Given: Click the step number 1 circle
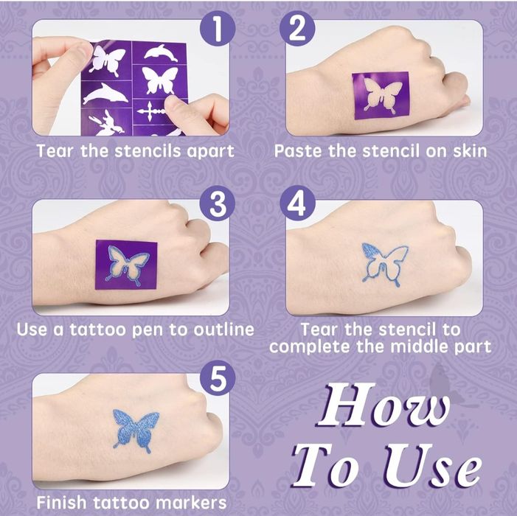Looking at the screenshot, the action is tap(218, 28).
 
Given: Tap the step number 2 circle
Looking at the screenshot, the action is tap(297, 28).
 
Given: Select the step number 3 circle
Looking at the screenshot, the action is tap(218, 204).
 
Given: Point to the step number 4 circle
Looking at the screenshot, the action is tap(297, 204).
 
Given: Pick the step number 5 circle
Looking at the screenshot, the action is tap(218, 378).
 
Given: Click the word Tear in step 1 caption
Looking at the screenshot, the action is tap(55, 151).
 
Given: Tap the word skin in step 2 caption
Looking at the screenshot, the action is tap(470, 151).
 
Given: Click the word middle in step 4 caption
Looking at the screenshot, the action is tap(418, 346).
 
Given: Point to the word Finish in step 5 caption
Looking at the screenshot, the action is tap(61, 503).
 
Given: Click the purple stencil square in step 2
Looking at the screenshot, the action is tap(381, 96).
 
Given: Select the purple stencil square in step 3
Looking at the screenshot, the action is tap(126, 265).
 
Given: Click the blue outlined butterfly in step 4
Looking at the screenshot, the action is tap(384, 264).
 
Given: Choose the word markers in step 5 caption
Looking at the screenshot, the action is tap(191, 503).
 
